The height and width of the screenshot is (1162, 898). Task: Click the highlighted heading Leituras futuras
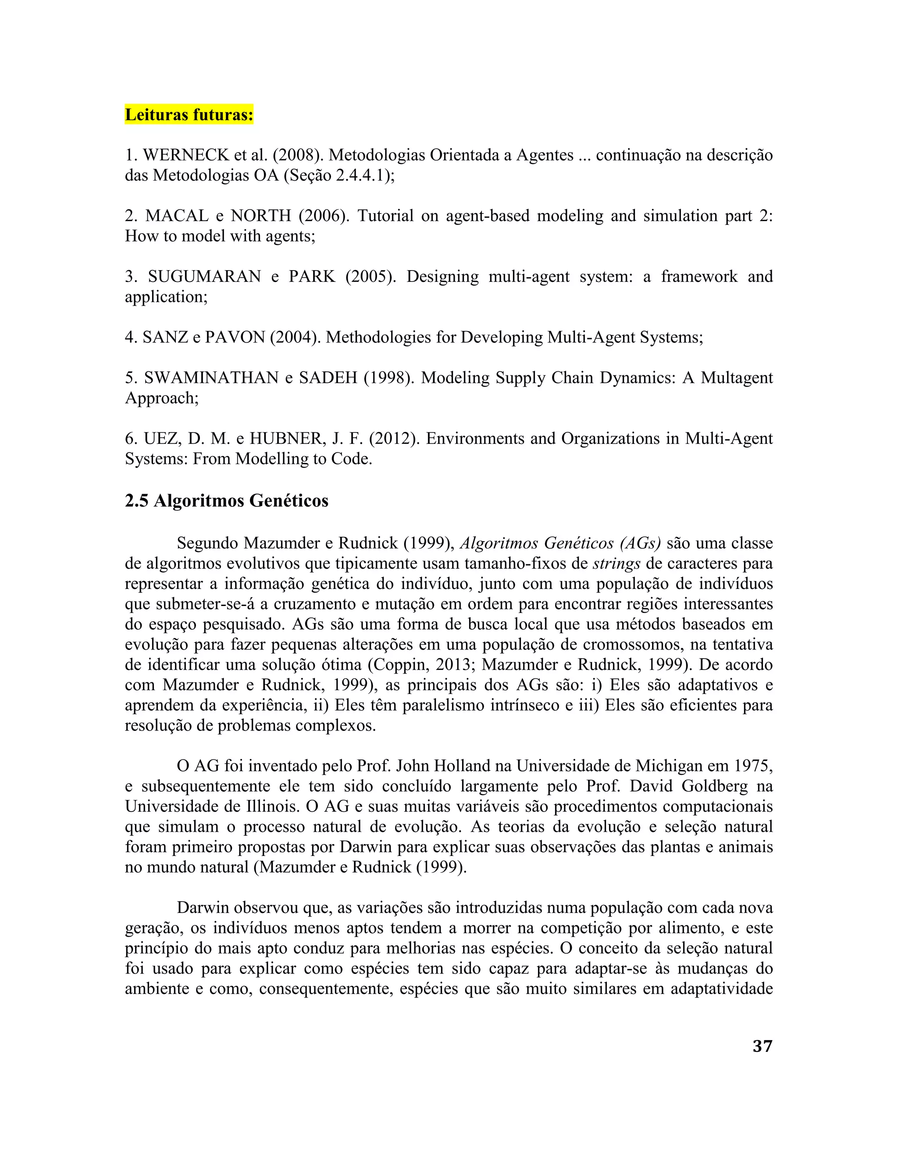click(189, 114)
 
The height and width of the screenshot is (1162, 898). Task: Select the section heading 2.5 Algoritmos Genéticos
click(226, 501)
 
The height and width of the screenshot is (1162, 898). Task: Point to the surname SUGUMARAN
click(204, 277)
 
